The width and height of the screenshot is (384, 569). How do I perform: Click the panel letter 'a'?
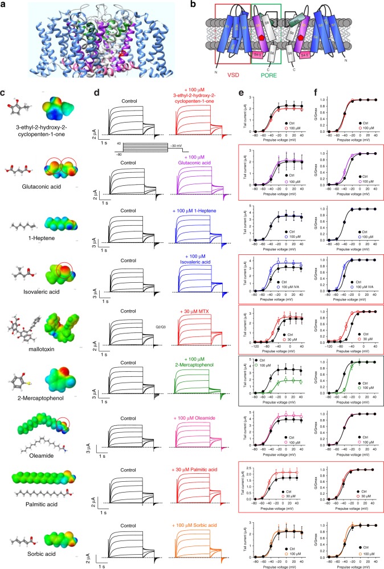[x=5, y=5]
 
